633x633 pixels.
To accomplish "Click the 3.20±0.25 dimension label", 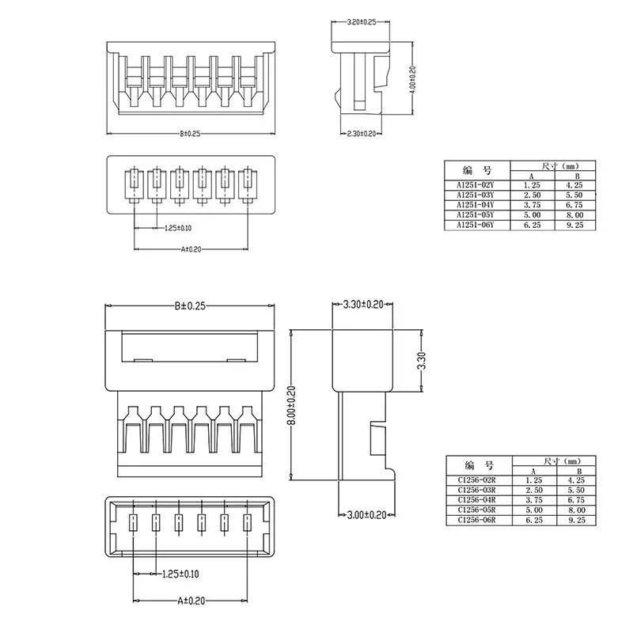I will tap(362, 22).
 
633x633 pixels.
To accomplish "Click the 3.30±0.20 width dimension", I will tap(363, 305).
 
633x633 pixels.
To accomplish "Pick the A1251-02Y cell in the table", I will tap(475, 185).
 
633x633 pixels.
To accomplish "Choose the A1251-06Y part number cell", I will tap(475, 226).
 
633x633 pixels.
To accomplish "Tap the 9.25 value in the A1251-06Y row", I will tap(575, 226).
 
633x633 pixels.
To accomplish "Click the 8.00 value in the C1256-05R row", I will tap(575, 510).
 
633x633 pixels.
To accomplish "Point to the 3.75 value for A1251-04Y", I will tap(530, 205).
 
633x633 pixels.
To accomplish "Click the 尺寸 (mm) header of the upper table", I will tap(553, 166).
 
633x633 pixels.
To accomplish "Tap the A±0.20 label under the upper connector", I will tap(193, 248).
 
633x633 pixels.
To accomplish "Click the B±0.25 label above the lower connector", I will tap(190, 305).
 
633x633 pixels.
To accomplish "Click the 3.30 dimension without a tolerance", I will tap(423, 360).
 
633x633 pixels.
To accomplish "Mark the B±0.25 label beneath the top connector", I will tap(190, 134).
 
